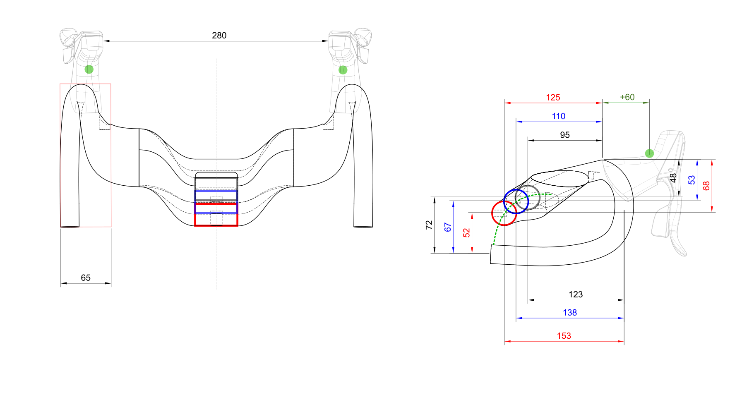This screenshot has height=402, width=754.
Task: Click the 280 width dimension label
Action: (219, 36)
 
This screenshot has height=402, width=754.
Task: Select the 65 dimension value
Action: (86, 278)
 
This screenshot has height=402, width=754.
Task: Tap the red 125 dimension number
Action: (553, 98)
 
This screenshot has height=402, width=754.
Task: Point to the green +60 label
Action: (627, 97)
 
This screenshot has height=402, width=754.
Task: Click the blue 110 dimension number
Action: (558, 116)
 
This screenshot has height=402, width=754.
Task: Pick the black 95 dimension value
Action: (564, 135)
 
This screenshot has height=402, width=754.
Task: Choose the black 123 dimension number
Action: (575, 294)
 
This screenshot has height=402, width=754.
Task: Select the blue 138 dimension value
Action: (569, 313)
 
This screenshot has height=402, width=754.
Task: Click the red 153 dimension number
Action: (564, 336)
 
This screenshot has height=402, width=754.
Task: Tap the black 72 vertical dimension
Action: (429, 225)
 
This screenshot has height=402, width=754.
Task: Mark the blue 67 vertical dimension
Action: (448, 227)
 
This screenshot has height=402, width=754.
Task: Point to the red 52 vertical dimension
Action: (467, 233)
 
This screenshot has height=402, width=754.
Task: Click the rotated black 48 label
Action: (673, 178)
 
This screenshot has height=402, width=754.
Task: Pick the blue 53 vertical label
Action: (692, 180)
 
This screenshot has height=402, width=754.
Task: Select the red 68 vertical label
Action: (706, 186)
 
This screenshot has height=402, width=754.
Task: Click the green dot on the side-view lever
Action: (649, 153)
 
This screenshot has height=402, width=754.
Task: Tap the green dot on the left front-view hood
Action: (89, 69)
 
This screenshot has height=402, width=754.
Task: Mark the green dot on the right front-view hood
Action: (343, 70)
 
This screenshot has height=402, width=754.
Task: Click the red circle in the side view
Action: (504, 213)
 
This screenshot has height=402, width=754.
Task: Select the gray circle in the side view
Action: (528, 198)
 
